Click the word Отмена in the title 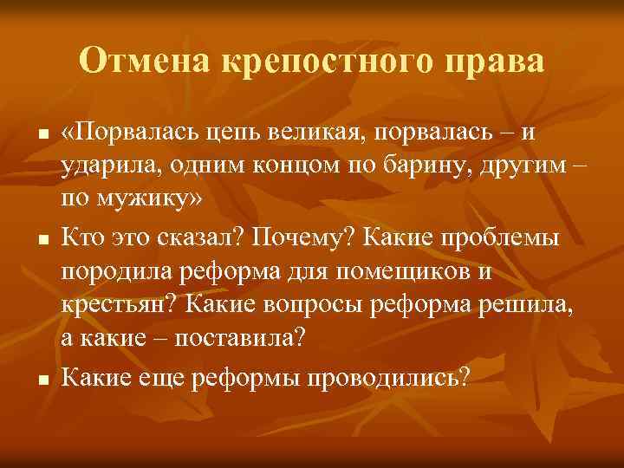(x=142, y=62)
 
